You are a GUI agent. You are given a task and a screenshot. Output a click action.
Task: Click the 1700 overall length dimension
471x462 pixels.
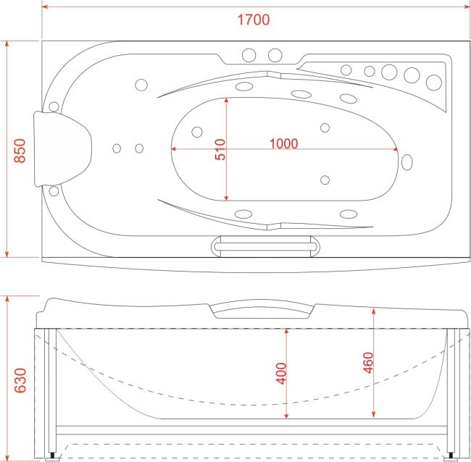pyautogui.click(x=253, y=20)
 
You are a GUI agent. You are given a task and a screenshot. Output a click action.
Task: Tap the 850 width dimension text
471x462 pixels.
pyautogui.click(x=20, y=151)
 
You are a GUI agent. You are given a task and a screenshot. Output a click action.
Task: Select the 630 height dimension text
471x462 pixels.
pyautogui.click(x=20, y=380)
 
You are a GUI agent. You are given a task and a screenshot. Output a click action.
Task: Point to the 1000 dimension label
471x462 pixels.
pyautogui.click(x=283, y=143)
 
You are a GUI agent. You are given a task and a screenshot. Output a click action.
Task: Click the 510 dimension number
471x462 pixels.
pyautogui.click(x=220, y=149)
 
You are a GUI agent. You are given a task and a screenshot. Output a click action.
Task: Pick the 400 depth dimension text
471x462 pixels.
pyautogui.click(x=281, y=373)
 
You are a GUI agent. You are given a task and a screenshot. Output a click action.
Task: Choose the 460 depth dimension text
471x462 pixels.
pyautogui.click(x=368, y=363)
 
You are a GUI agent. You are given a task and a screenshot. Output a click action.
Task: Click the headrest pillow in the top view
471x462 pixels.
pyautogui.click(x=63, y=149)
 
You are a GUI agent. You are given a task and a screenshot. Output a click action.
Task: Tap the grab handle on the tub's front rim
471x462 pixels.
pyautogui.click(x=265, y=246)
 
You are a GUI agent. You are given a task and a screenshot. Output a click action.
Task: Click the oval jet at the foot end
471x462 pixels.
pyautogui.click(x=407, y=162)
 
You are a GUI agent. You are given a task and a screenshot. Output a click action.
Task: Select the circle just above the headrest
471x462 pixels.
pyautogui.click(x=54, y=106)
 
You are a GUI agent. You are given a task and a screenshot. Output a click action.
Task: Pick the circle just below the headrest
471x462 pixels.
pyautogui.click(x=54, y=191)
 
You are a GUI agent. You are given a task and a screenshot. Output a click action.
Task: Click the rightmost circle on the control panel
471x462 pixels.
pyautogui.click(x=434, y=83)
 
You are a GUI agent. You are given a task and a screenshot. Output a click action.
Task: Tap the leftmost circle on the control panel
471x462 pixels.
pyautogui.click(x=346, y=70)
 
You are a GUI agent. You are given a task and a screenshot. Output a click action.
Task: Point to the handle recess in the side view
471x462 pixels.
pyautogui.click(x=262, y=311)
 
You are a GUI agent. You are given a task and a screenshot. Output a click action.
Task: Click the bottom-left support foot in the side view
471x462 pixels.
pyautogui.click(x=53, y=456)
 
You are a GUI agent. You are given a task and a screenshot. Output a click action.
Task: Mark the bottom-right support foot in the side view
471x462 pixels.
pyautogui.click(x=451, y=456)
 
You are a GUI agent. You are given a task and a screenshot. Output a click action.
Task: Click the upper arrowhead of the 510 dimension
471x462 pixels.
pyautogui.click(x=226, y=100)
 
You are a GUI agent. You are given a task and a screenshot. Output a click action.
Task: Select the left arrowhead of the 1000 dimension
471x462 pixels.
pyautogui.click(x=174, y=149)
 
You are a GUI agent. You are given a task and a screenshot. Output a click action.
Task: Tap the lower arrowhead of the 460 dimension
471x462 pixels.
pyautogui.click(x=373, y=415)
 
